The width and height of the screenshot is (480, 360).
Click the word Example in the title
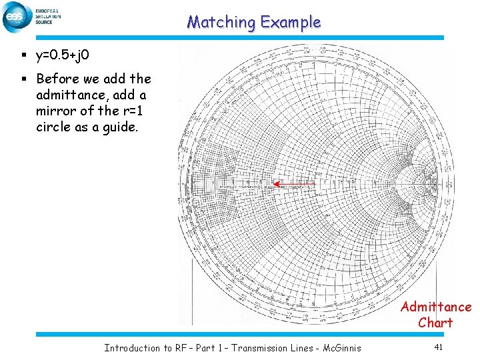(x=291, y=22)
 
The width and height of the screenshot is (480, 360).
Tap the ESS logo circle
(x=16, y=17)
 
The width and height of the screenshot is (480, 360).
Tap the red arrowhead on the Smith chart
(x=276, y=184)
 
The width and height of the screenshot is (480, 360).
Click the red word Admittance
(x=435, y=307)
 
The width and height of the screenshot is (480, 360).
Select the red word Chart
(x=435, y=323)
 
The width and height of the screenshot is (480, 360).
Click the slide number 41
(x=438, y=347)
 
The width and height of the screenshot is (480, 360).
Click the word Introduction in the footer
(x=133, y=348)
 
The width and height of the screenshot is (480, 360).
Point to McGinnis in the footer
(x=339, y=348)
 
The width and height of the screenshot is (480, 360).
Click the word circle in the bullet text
(x=55, y=127)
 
